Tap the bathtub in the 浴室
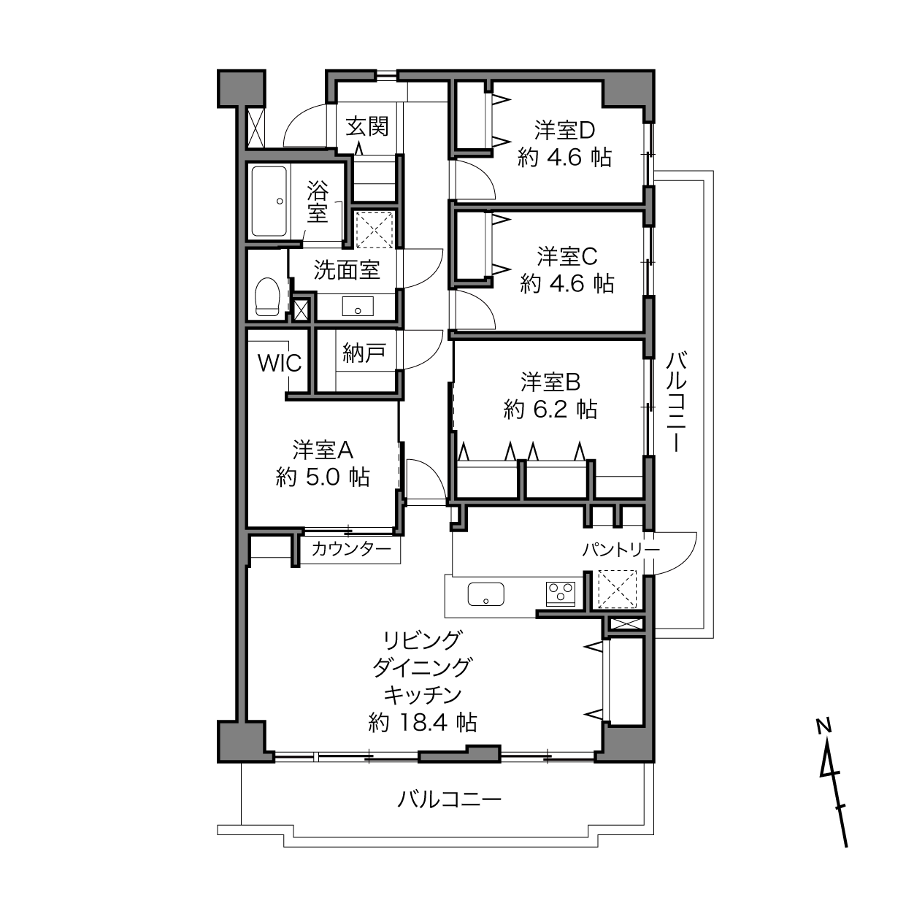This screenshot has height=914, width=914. (x=269, y=201)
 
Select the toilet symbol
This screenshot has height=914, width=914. (x=267, y=296)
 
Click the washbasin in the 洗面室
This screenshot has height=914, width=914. (x=358, y=307)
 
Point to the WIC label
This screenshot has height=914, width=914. (x=280, y=364)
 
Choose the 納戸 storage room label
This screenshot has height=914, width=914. (x=364, y=353)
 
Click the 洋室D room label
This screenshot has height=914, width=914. (x=564, y=131)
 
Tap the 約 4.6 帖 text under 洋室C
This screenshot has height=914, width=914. (x=567, y=284)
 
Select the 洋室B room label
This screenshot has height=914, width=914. (x=550, y=383)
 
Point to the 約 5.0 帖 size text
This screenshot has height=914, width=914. (x=323, y=477)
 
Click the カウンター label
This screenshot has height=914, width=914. (x=351, y=549)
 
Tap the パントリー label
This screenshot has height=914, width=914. (x=621, y=550)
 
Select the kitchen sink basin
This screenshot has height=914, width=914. (x=485, y=594)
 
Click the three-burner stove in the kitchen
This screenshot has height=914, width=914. (x=561, y=594)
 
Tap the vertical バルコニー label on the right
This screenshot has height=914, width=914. (x=676, y=402)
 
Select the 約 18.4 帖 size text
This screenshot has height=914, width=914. (x=423, y=723)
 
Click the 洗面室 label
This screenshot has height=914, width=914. (x=347, y=270)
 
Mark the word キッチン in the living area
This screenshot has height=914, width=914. (x=423, y=695)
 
